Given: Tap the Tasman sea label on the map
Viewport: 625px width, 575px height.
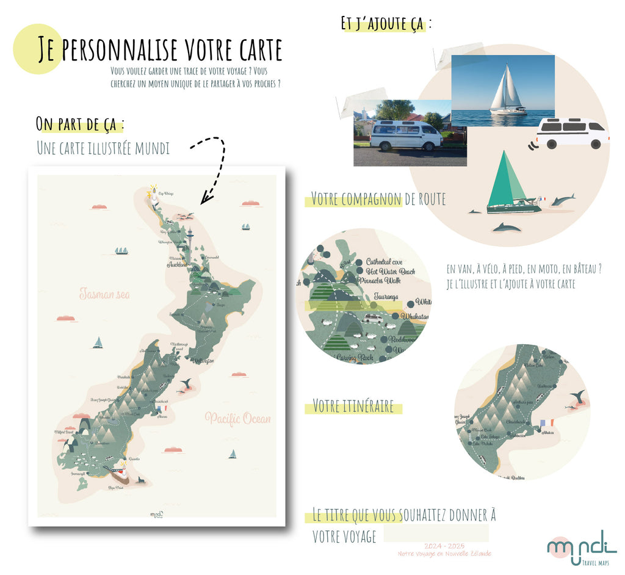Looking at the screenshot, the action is tap(104, 294).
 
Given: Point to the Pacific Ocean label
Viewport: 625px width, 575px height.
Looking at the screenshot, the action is tap(237, 419).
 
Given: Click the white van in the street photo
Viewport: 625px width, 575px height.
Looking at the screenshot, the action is tap(406, 135).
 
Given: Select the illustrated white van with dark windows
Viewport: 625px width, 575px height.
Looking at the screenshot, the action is tap(572, 133).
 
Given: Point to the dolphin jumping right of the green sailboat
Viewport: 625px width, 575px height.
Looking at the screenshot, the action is tap(562, 200).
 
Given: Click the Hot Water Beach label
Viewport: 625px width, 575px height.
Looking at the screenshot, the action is tap(391, 271).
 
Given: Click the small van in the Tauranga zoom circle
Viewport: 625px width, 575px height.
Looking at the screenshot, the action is tap(372, 318).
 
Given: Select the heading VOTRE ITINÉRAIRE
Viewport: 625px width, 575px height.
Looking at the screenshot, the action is tap(353, 406).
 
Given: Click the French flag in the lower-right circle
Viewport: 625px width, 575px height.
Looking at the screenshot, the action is tap(546, 422).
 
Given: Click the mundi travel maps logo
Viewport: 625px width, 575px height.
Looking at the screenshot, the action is tap(582, 546).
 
